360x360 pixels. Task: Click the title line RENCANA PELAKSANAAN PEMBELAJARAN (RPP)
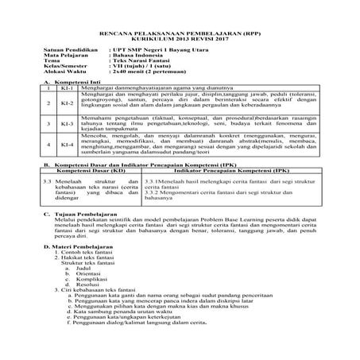pos(179,24)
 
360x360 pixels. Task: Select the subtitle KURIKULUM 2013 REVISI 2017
pos(179,31)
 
